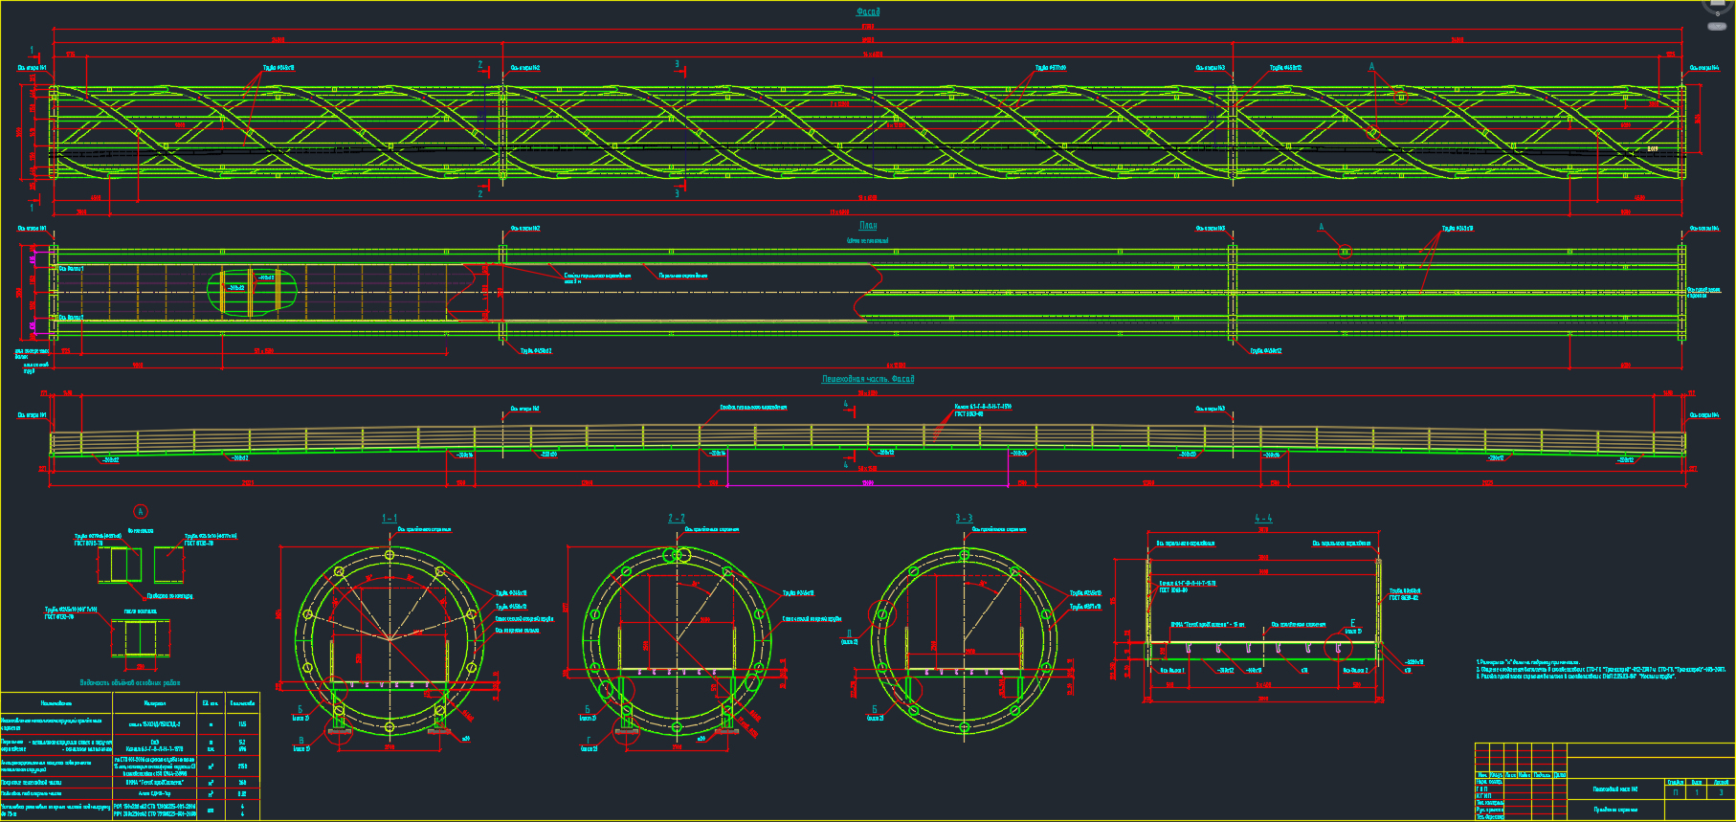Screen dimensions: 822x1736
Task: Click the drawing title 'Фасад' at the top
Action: coord(867,12)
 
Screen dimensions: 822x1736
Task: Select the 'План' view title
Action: coord(867,226)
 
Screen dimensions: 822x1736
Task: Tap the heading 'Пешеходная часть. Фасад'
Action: coord(867,379)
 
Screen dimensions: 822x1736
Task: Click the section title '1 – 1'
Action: coord(389,519)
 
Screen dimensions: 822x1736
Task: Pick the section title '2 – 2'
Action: coord(677,519)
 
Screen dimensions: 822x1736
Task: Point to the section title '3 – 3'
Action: coord(964,519)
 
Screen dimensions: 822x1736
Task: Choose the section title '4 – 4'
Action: coord(1263,519)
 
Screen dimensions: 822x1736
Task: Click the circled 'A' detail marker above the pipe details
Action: coord(141,512)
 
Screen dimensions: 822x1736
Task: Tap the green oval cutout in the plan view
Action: coord(252,290)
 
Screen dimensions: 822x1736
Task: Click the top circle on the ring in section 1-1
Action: coord(389,555)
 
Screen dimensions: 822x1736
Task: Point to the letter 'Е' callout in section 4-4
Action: coord(1352,624)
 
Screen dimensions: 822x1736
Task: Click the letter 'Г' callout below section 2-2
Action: coord(588,740)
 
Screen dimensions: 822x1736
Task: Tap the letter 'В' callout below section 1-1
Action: coord(301,740)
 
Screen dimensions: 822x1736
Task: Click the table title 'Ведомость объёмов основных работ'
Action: coord(129,683)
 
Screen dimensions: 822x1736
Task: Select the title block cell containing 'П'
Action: coord(1675,792)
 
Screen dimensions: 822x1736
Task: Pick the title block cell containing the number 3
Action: coord(1720,792)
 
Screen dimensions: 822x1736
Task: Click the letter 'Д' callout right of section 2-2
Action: coord(848,633)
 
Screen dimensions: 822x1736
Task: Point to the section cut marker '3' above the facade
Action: coord(677,65)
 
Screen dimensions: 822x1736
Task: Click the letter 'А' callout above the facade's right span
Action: coord(1371,67)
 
